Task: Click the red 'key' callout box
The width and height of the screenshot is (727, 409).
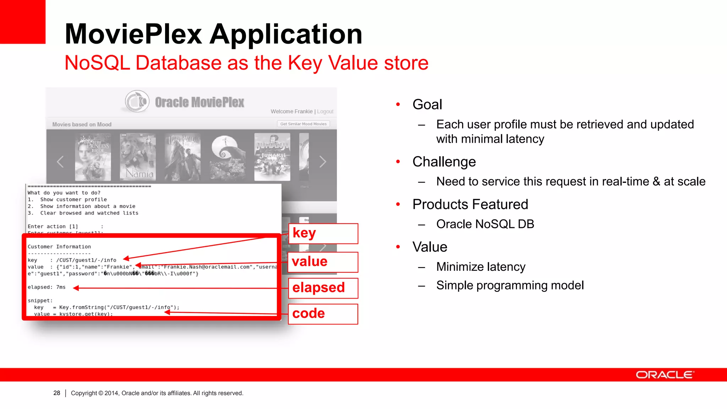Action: coord(323,234)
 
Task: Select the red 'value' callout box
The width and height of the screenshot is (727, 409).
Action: coord(323,262)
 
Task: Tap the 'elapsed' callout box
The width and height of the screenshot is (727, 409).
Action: coord(323,288)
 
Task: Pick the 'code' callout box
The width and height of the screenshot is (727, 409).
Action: coord(323,314)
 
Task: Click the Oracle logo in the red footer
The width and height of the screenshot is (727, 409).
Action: coord(664,375)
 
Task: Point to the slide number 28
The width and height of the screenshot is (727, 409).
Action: coord(57,393)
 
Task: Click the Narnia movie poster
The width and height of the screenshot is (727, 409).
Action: coord(138,157)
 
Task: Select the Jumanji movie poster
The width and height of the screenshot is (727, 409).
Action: coord(272,157)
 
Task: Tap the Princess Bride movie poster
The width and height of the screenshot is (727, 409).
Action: coord(93,157)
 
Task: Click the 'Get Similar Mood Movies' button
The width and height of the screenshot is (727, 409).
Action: coord(304,124)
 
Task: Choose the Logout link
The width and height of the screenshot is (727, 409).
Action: coord(325,111)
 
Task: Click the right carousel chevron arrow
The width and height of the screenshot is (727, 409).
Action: coord(322,162)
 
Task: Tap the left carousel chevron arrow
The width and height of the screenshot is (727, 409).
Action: coord(60,162)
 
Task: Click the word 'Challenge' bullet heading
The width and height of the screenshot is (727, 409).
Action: coord(444,162)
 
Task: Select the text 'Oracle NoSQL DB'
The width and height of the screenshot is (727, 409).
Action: coord(485,224)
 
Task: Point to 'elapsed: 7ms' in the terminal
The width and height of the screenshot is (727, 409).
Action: coord(47,287)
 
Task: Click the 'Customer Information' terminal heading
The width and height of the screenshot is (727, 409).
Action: coord(59,247)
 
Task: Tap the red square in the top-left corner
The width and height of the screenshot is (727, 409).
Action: coord(23,21)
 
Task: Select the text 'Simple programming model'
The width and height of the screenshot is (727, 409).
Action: coord(510,285)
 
